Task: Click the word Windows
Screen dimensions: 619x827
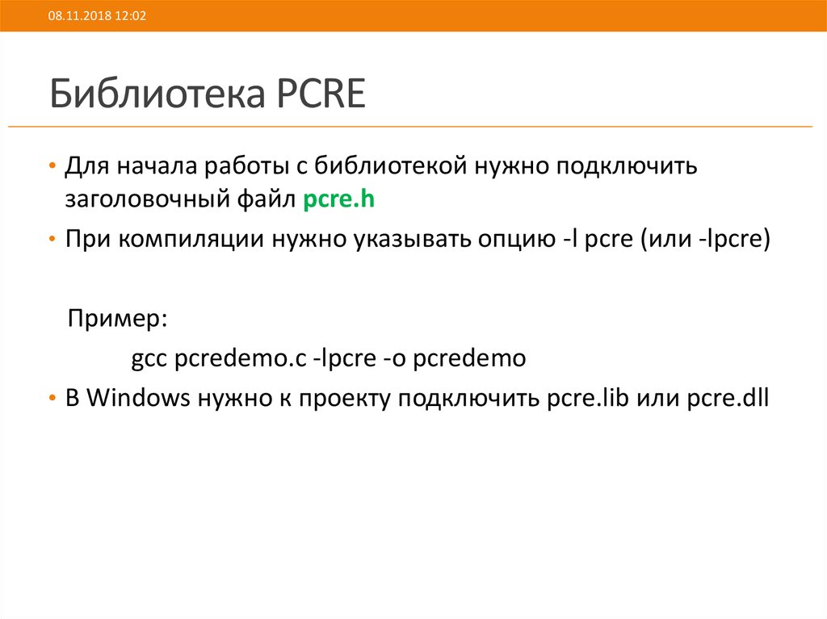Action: [x=137, y=398]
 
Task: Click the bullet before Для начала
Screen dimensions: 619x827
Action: [x=52, y=167]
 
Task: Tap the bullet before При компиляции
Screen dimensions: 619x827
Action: [x=52, y=241]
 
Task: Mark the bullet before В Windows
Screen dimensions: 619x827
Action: [x=52, y=399]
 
